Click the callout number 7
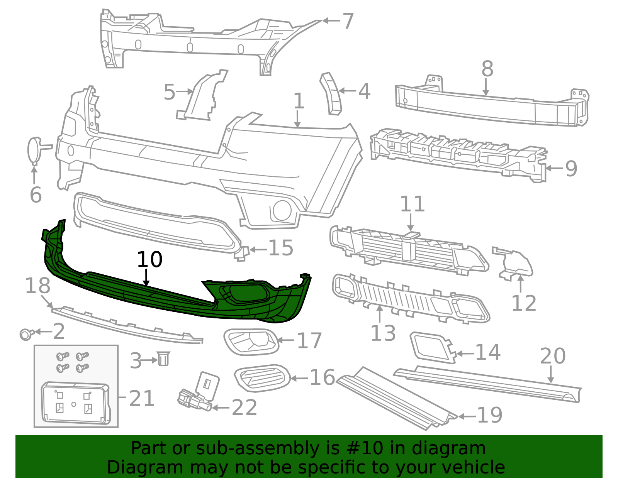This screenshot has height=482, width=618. [x=348, y=21]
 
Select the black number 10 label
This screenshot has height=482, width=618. [x=149, y=259]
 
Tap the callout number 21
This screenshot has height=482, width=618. [x=142, y=398]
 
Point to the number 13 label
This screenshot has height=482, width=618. [x=383, y=333]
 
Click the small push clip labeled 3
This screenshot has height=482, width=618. [x=163, y=359]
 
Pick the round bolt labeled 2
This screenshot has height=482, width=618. [x=26, y=334]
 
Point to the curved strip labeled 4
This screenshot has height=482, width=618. [x=331, y=94]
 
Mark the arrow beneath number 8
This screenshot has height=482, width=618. [x=486, y=87]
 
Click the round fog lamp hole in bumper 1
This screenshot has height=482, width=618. [x=282, y=211]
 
